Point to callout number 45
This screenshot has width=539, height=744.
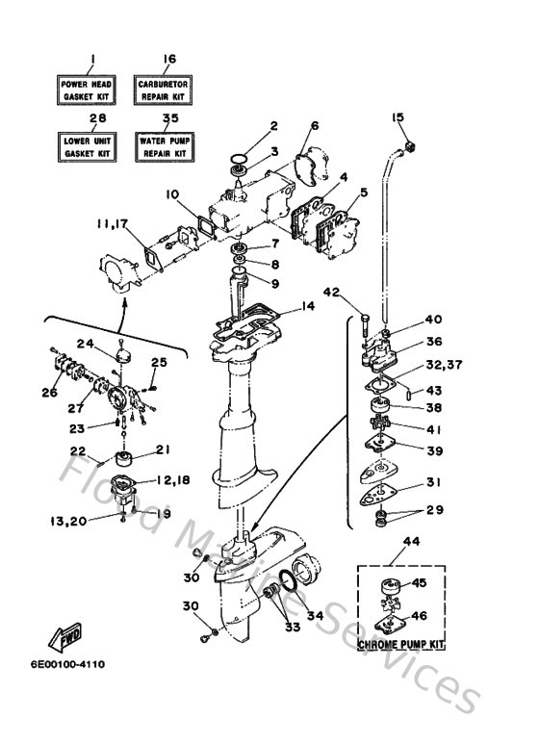pyautogui.click(x=419, y=582)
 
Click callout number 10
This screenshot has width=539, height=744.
pyautogui.click(x=171, y=193)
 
